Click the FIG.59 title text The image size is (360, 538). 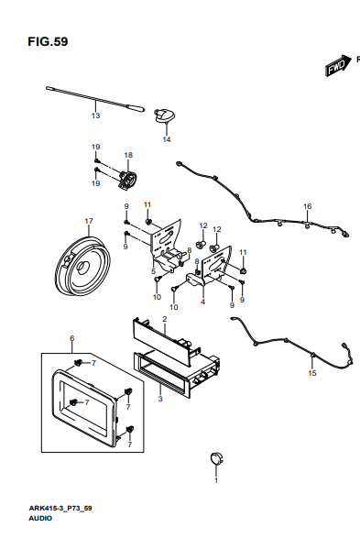(x=48, y=41)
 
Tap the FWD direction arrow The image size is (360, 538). (x=338, y=66)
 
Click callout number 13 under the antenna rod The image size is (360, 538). (x=95, y=115)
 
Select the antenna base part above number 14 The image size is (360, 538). (x=165, y=115)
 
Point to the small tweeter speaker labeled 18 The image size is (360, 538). (x=128, y=180)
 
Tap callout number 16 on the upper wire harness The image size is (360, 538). (x=307, y=206)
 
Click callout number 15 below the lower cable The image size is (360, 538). (x=312, y=373)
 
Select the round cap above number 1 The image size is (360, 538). (x=217, y=459)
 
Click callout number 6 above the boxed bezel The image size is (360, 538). (x=72, y=338)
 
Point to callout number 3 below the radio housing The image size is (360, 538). (x=160, y=399)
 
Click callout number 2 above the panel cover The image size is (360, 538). (x=165, y=319)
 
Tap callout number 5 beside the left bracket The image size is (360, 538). (x=153, y=271)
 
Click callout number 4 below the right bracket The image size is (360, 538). (x=203, y=302)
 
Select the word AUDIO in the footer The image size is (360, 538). (x=40, y=519)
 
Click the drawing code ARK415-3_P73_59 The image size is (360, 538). (x=60, y=508)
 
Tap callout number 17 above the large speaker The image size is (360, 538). (x=89, y=221)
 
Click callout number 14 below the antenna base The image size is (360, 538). (x=167, y=139)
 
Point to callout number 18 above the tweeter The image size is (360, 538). (x=128, y=155)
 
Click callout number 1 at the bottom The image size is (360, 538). (x=216, y=480)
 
